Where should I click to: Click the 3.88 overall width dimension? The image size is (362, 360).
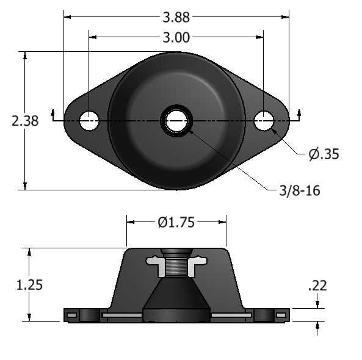coord(176,17)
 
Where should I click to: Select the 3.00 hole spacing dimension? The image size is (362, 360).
coord(176,37)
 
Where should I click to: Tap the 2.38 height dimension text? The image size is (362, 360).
coord(25,121)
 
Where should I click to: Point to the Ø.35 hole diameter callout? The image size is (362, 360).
coord(324,154)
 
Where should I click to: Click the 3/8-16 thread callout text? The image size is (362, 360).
coord(300,191)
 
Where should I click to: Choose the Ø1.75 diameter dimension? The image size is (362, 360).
coord(176,223)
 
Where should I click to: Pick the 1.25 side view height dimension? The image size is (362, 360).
coord(29,285)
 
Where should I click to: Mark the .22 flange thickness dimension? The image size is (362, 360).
coord(317,286)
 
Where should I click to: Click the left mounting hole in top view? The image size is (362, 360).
coord(89,120)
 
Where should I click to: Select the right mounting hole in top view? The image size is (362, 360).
coord(264,120)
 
